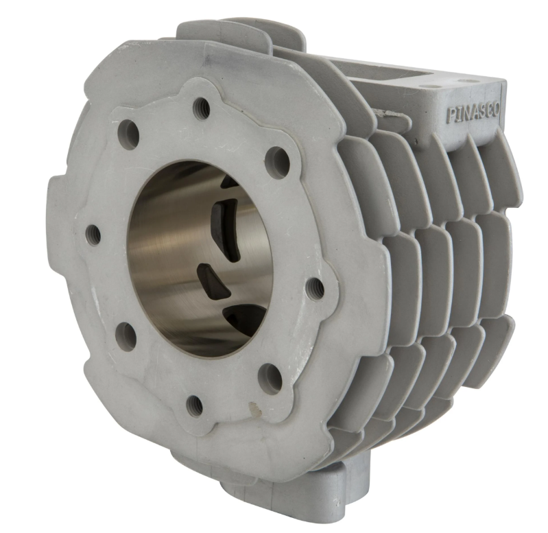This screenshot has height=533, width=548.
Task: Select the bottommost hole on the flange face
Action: pyautogui.click(x=195, y=405)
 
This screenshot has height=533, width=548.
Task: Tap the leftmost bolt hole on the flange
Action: pyautogui.click(x=93, y=233)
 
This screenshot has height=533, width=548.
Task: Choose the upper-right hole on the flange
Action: pyautogui.click(x=276, y=158)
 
